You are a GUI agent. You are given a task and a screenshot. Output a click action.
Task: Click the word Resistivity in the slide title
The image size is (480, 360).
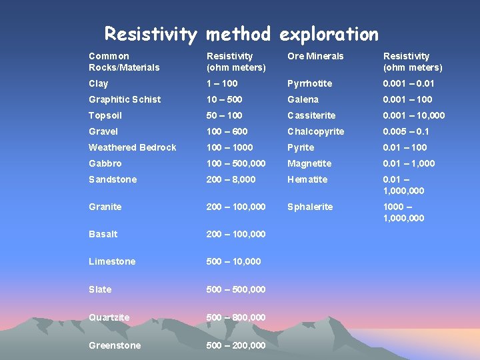click(x=151, y=34)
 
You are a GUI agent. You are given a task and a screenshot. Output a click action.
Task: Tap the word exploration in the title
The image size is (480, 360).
click(x=329, y=34)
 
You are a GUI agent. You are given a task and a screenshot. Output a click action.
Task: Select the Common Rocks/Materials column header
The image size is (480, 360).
click(x=124, y=61)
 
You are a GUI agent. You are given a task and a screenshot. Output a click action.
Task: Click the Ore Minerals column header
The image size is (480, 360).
click(x=315, y=56)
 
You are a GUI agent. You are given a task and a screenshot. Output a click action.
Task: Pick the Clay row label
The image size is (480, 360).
click(x=98, y=83)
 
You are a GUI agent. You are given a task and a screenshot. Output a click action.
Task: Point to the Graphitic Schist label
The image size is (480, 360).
click(x=125, y=99)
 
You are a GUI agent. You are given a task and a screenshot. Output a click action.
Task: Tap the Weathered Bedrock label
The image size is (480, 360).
click(x=133, y=147)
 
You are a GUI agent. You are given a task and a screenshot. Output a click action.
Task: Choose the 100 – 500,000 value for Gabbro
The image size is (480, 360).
click(x=236, y=163)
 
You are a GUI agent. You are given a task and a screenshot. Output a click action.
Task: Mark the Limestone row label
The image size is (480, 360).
click(x=111, y=261)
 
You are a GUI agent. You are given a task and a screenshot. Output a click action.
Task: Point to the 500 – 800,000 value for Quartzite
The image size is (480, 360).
click(x=236, y=317)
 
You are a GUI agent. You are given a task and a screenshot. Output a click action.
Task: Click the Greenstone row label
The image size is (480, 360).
click(x=115, y=345)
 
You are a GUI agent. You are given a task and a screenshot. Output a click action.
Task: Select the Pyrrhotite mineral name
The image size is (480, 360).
click(x=309, y=83)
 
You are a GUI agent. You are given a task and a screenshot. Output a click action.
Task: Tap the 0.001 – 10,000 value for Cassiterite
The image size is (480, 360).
click(x=414, y=115)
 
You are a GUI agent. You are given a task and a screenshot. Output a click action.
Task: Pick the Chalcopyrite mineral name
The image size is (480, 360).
click(x=316, y=131)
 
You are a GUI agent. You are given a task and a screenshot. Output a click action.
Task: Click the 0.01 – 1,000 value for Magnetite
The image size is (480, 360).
click(x=409, y=163)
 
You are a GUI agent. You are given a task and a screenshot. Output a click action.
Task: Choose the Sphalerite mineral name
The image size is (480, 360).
click(x=310, y=207)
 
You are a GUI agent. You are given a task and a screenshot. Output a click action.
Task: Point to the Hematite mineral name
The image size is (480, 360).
click(x=307, y=179)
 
